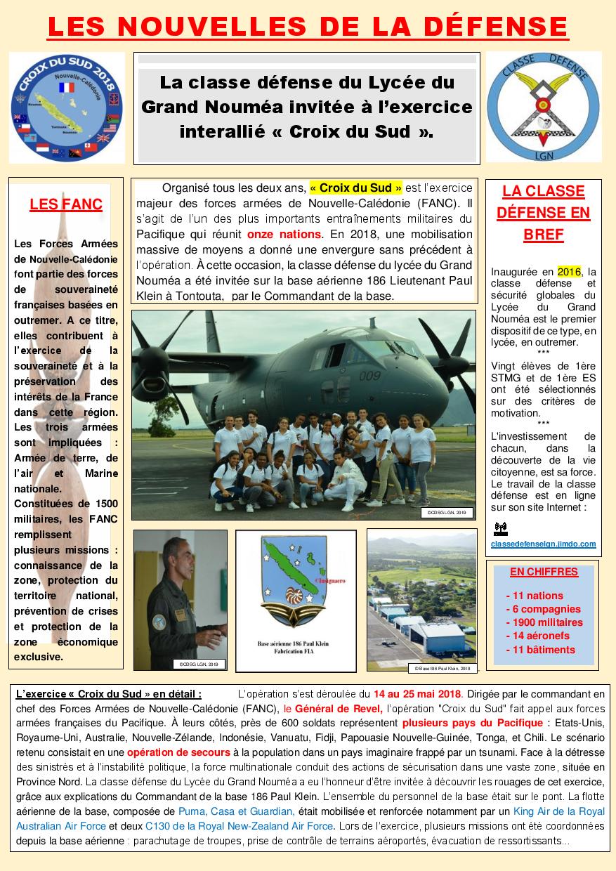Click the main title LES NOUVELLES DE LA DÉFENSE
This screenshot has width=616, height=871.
click(x=308, y=26)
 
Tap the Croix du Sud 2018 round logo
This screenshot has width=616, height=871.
click(x=67, y=107)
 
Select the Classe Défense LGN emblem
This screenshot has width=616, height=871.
click(x=544, y=107)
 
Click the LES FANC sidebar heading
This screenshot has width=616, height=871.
click(x=66, y=205)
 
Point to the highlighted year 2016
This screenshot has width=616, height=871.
click(x=569, y=272)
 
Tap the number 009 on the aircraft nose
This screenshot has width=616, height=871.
click(x=369, y=376)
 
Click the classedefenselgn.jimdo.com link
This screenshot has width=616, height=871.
click(x=544, y=544)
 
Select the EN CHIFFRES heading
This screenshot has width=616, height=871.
click(x=544, y=572)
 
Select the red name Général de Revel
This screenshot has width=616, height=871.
click(x=339, y=709)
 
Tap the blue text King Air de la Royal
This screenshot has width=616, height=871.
click(x=539, y=811)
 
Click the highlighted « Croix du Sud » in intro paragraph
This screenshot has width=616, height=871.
click(x=356, y=188)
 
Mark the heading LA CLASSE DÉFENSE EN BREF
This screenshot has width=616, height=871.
click(x=544, y=213)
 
